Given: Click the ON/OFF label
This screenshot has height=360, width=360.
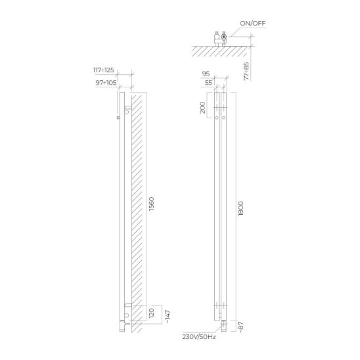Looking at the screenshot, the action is pos(252,24).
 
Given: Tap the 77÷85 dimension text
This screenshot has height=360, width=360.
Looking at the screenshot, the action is pos(246,71).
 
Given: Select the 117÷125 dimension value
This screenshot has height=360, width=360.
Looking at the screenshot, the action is pos(103,70).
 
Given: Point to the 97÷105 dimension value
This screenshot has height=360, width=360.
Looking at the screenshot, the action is pos(106,83).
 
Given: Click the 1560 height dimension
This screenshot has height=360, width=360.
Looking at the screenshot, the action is pos(152,204).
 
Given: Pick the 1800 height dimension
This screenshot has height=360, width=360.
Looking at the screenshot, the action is pos(241,208).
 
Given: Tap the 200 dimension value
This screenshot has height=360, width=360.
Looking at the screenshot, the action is pos(202,108).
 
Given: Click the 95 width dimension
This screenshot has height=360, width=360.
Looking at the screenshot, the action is pos(206,74).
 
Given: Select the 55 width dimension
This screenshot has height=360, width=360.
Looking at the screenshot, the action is pos(208,83).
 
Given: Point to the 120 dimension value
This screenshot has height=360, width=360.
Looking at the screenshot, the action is pos(152,313).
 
